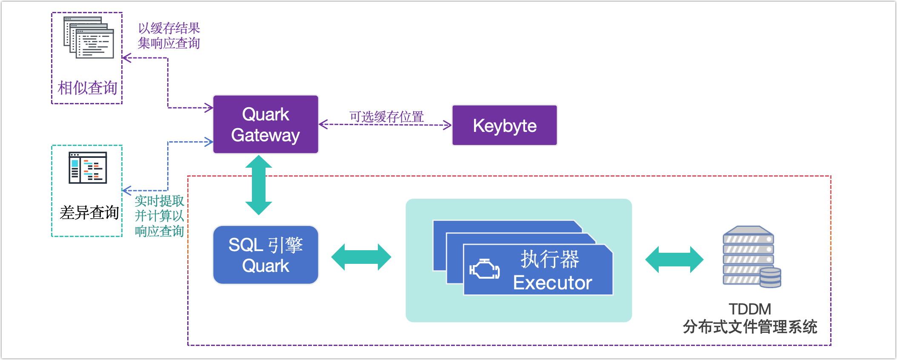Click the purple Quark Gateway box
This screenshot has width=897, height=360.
click(x=266, y=124)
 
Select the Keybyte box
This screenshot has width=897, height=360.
click(x=505, y=126)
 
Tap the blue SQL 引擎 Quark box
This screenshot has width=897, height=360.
click(x=266, y=255)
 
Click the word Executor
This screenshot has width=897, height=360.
click(x=552, y=283)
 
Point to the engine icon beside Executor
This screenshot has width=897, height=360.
click(x=484, y=269)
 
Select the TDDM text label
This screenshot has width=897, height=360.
click(x=750, y=309)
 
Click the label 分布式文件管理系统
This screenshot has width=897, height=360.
click(x=750, y=327)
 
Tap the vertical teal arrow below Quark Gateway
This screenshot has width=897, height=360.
click(x=259, y=185)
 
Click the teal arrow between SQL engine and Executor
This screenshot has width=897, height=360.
click(x=361, y=257)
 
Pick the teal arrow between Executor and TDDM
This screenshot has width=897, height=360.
click(x=674, y=259)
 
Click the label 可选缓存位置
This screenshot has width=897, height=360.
click(x=386, y=117)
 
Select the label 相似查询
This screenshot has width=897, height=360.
click(x=87, y=88)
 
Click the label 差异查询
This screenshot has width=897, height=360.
click(x=89, y=212)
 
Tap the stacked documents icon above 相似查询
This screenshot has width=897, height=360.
click(x=89, y=37)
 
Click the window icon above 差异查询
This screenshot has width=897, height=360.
click(x=88, y=168)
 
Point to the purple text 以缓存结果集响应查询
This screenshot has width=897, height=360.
click(x=169, y=36)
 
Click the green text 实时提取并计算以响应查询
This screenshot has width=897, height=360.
click(x=159, y=216)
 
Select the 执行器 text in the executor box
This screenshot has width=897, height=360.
click(x=550, y=259)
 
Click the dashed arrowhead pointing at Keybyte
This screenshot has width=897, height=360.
click(x=448, y=125)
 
